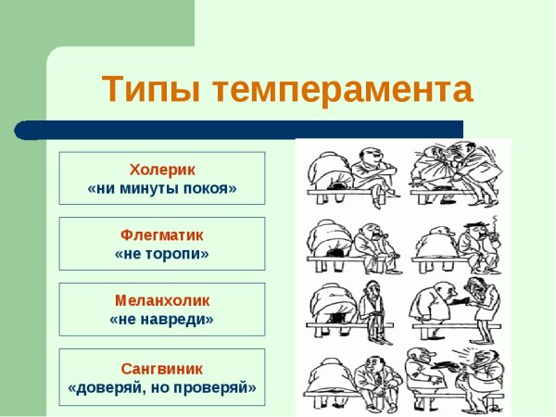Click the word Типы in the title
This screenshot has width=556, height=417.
(148, 90)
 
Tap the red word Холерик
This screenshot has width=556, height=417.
(162, 169)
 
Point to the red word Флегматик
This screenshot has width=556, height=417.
(162, 234)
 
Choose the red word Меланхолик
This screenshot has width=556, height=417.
(162, 300)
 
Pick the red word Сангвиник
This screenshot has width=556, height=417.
(162, 367)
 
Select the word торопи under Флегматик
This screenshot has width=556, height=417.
(176, 253)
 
